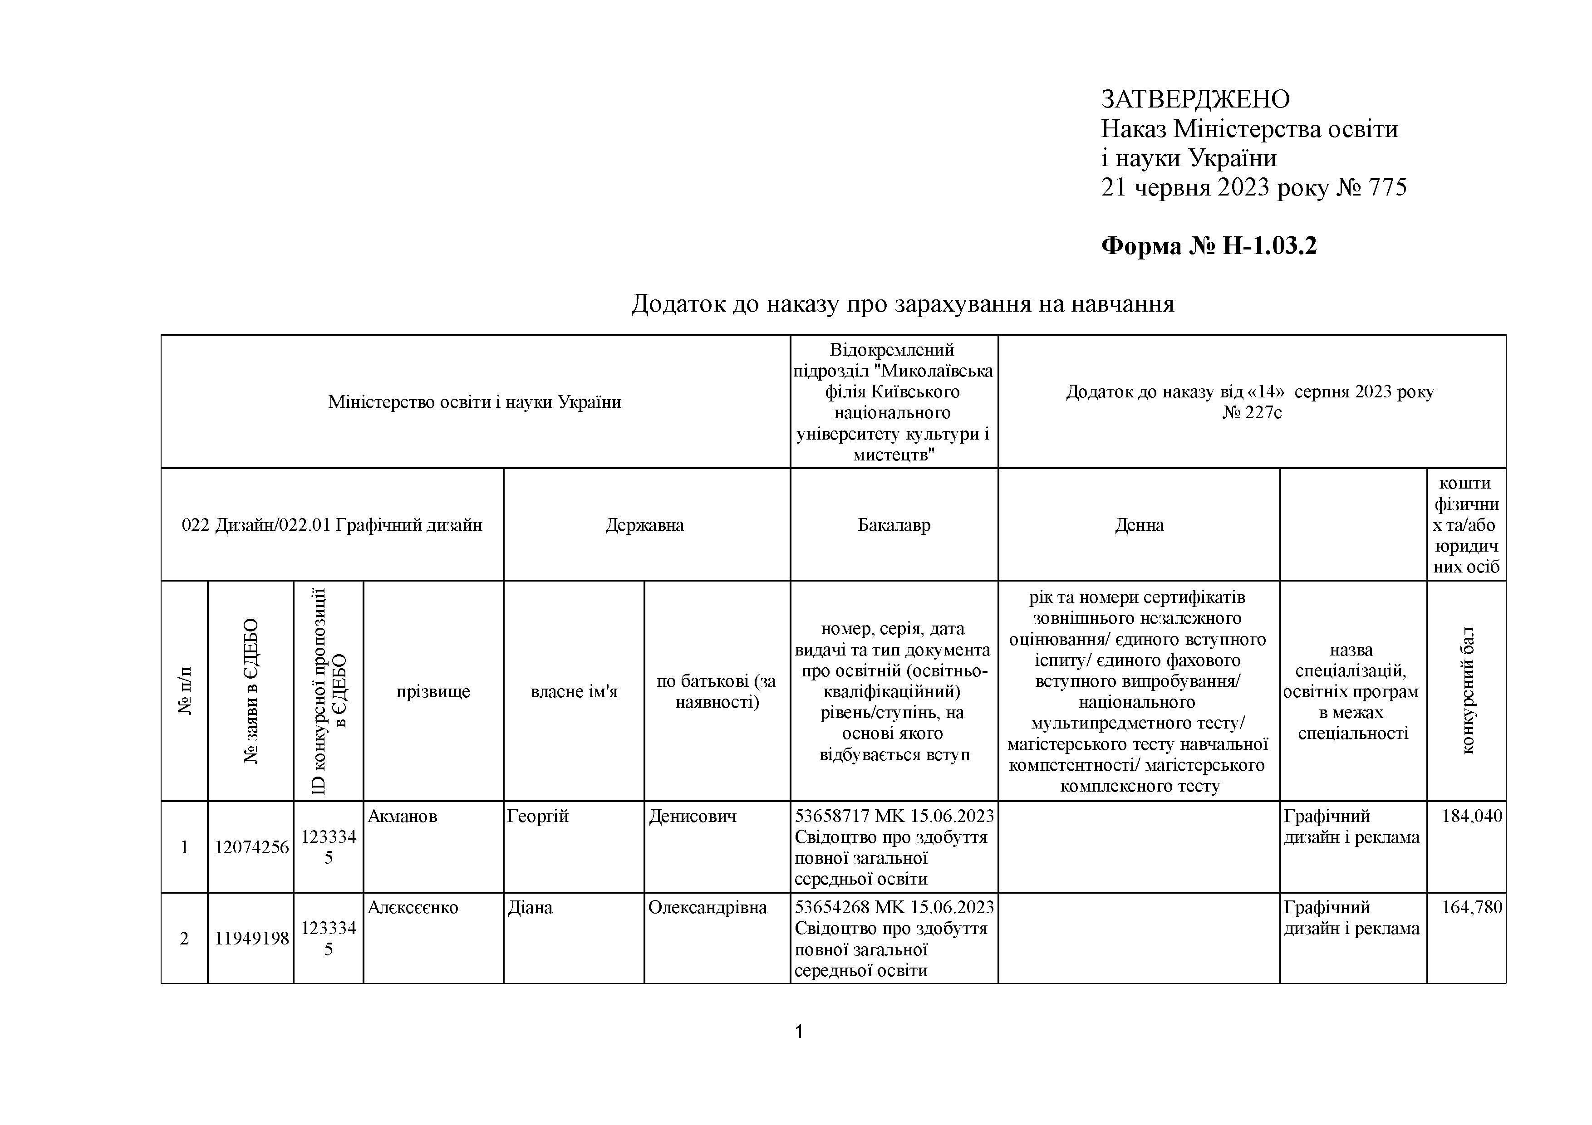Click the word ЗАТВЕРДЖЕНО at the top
(1195, 100)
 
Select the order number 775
(1387, 188)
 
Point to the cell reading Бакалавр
(894, 525)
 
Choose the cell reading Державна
(644, 525)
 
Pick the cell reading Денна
(1139, 525)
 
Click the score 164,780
(1471, 907)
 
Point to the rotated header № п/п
(184, 691)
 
